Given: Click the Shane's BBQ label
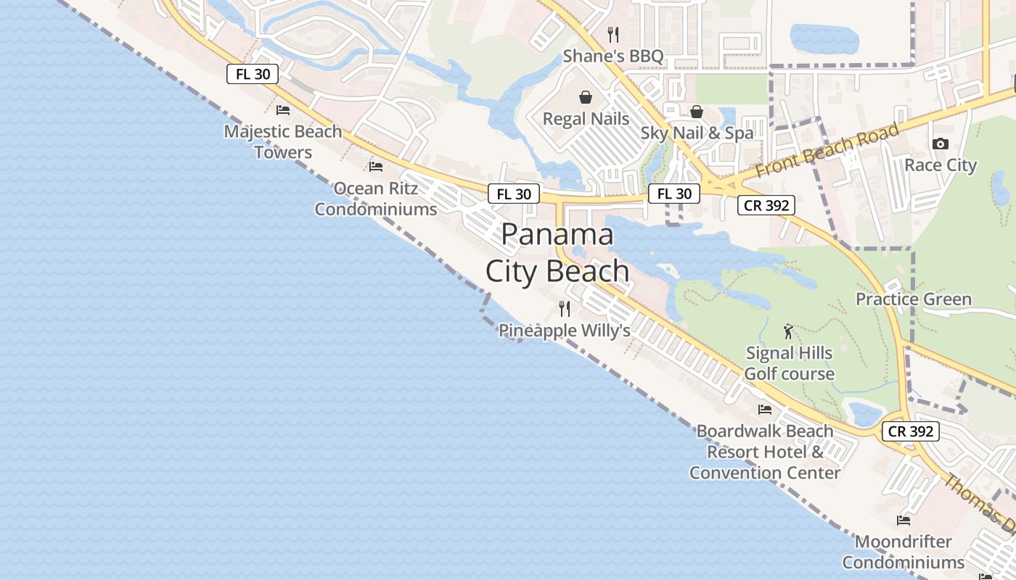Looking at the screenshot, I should (x=613, y=56).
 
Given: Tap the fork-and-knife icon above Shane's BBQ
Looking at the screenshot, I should (x=613, y=34).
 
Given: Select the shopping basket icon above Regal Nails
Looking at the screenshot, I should (x=586, y=97).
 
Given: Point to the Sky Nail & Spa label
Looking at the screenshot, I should (x=697, y=133).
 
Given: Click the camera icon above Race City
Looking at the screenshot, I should (x=941, y=144).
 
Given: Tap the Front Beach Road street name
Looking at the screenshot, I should (x=827, y=150).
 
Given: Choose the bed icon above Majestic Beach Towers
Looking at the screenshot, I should (x=283, y=110).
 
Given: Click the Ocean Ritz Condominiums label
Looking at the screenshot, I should (x=376, y=199).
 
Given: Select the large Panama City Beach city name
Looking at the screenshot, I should (x=557, y=252).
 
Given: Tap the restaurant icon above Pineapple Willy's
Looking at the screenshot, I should (x=565, y=309).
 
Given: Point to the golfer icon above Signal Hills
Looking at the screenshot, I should (x=789, y=332).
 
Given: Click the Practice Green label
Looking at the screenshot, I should (x=913, y=299).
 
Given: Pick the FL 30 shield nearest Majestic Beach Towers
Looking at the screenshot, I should (x=253, y=74).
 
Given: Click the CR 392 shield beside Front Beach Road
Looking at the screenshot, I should (x=766, y=205).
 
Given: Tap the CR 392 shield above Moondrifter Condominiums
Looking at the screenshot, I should (x=911, y=431).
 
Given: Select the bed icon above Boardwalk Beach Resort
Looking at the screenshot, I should (x=765, y=410).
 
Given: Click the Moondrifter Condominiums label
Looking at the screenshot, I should (x=904, y=552).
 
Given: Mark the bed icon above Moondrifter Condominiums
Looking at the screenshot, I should (x=904, y=521).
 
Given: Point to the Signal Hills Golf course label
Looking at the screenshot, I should (x=790, y=364).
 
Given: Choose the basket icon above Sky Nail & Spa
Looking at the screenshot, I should (x=697, y=112).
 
